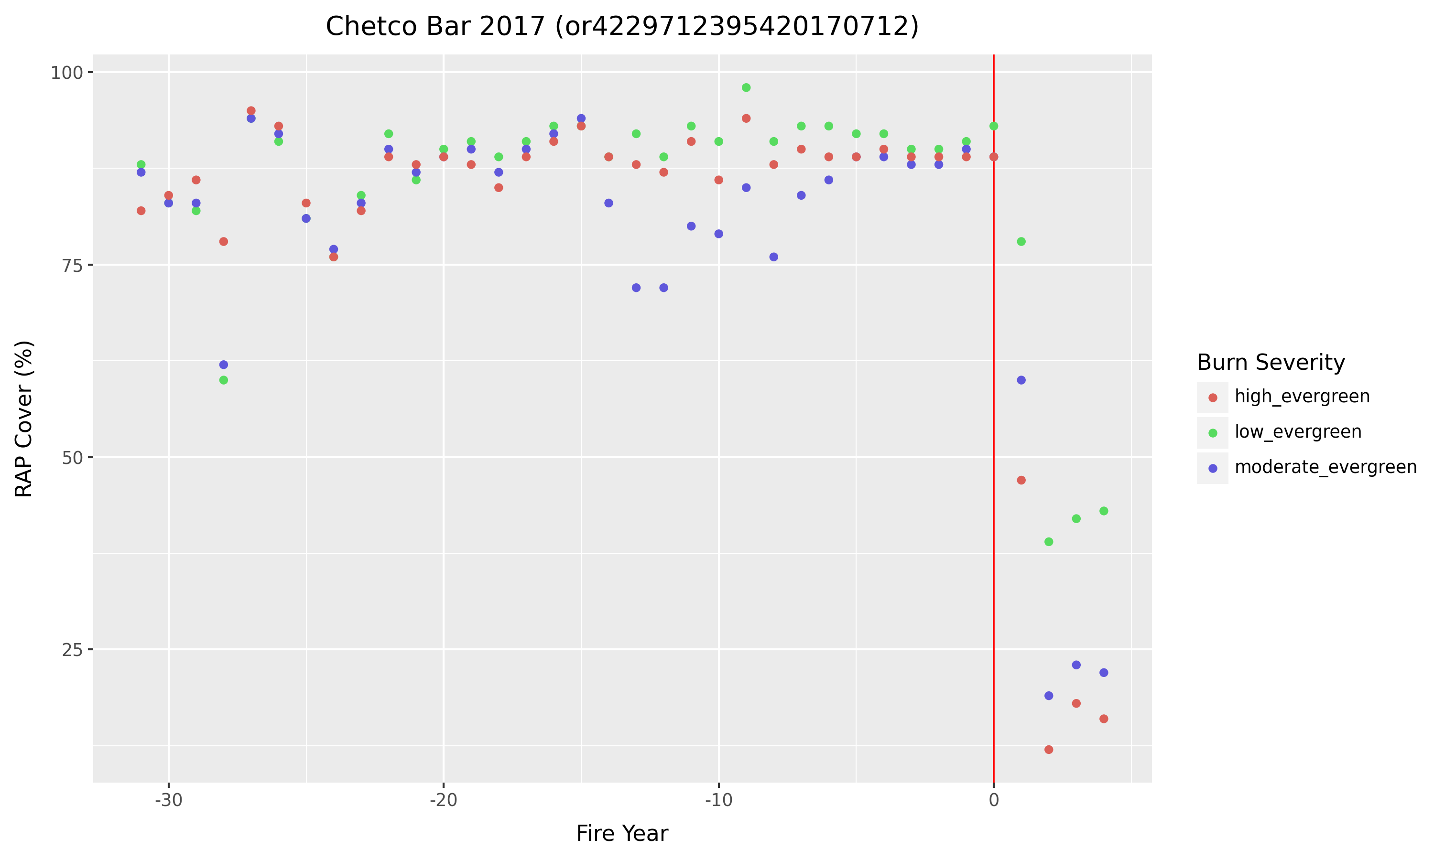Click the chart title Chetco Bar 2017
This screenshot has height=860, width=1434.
[622, 27]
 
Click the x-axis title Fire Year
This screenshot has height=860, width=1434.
[622, 833]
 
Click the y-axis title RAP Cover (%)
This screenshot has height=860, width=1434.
[24, 419]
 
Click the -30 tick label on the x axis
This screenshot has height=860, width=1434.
[169, 801]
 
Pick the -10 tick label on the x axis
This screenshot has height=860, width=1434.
[718, 801]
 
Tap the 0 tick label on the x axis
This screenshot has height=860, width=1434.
[993, 801]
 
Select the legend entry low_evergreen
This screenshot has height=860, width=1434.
[1298, 432]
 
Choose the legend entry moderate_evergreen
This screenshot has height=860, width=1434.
[1325, 468]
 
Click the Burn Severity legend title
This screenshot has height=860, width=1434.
[1271, 363]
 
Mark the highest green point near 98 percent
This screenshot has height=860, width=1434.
[746, 87]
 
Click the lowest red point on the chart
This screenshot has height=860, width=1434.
[1049, 750]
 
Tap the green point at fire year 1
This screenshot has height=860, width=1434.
[1021, 242]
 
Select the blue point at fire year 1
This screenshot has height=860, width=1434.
[1021, 380]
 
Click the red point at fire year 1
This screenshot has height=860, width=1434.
[1021, 481]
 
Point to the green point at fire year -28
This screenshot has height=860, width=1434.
[224, 380]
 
